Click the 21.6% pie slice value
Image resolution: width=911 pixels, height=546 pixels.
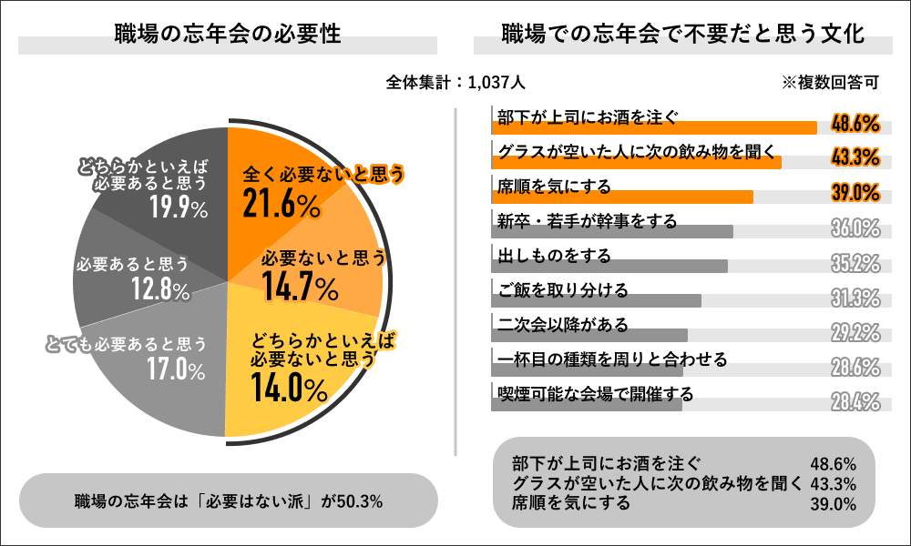[281, 206]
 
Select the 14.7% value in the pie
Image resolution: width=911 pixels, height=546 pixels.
[300, 288]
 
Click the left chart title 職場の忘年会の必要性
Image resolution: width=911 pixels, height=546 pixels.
[228, 35]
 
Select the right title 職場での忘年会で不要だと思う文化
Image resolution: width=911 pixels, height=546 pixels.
[683, 35]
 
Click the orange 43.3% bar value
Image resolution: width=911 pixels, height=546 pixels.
[855, 157]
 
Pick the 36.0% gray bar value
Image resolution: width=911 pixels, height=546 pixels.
[855, 227]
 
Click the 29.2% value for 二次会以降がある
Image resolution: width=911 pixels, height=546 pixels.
[855, 332]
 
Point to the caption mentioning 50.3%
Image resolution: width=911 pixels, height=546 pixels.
[228, 500]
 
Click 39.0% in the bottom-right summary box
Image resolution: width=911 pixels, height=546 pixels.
[833, 503]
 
